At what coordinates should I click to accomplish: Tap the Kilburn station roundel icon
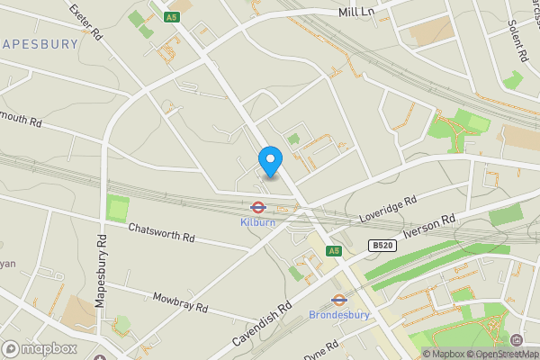(x=257, y=207)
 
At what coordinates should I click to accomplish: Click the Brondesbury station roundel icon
(x=339, y=300)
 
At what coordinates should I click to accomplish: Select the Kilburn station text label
(x=257, y=222)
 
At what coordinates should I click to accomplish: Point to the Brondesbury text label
(x=339, y=315)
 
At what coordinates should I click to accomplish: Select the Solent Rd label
(x=517, y=40)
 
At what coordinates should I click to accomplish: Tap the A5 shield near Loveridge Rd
(x=334, y=250)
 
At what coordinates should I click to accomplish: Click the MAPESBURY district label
(x=40, y=42)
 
